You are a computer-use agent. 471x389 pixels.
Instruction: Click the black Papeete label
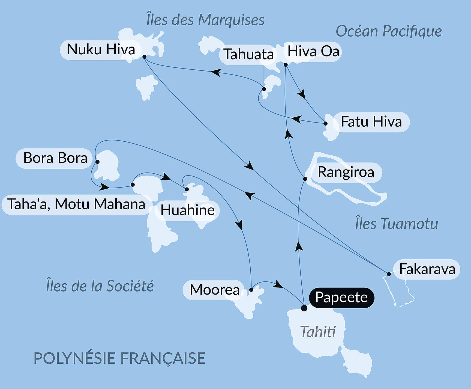pyautogui.click(x=341, y=298)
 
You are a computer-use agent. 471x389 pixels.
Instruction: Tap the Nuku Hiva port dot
pyautogui.click(x=145, y=57)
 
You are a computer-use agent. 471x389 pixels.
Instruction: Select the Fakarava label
pyautogui.click(x=427, y=269)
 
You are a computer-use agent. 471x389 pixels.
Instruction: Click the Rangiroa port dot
pyautogui.click(x=305, y=179)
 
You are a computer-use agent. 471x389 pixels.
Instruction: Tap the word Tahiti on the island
pyautogui.click(x=318, y=332)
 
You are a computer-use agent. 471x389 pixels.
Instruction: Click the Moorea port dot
pyautogui.click(x=251, y=290)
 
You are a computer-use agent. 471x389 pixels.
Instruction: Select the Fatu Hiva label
pyautogui.click(x=371, y=122)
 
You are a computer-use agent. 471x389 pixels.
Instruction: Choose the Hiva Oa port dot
pyautogui.click(x=286, y=65)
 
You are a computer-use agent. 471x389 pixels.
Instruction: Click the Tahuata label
pyautogui.click(x=248, y=54)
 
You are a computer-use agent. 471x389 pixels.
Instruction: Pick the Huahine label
pyautogui.click(x=187, y=210)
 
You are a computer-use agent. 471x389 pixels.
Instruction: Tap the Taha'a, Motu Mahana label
pyautogui.click(x=76, y=204)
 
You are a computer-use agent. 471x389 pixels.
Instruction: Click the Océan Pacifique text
pyautogui.click(x=389, y=31)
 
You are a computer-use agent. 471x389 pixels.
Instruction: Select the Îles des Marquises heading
pyautogui.click(x=205, y=20)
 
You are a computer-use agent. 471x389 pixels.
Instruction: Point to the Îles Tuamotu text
pyautogui.click(x=397, y=224)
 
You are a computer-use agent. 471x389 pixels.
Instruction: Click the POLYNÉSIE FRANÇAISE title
pyautogui.click(x=119, y=358)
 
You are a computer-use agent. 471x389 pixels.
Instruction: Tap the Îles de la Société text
pyautogui.click(x=100, y=286)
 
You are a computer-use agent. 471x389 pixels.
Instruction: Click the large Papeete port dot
pyautogui.click(x=304, y=308)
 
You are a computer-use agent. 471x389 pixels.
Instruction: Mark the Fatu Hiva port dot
pyautogui.click(x=325, y=123)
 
